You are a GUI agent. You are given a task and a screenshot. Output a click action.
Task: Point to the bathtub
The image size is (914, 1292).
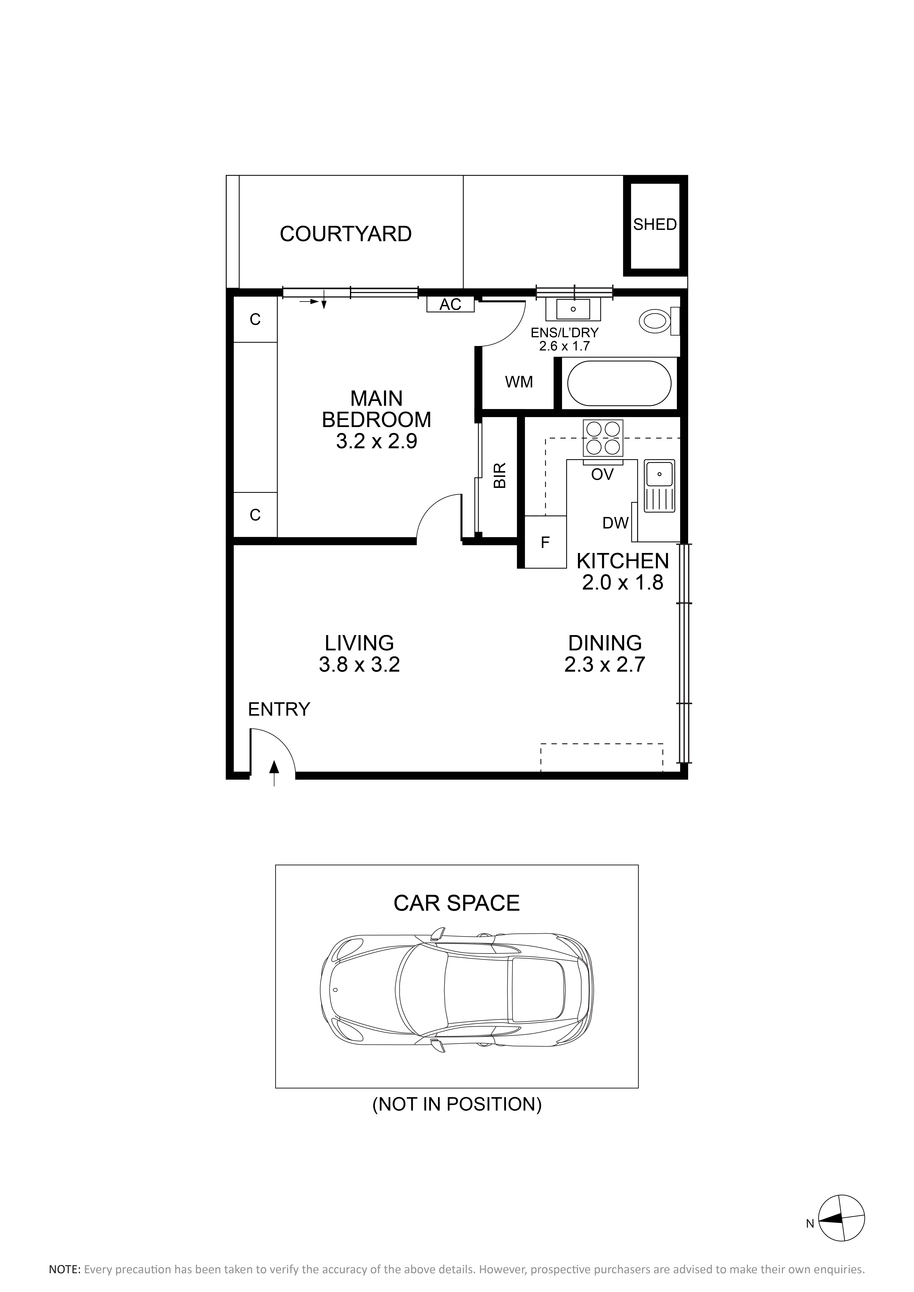click(619, 383)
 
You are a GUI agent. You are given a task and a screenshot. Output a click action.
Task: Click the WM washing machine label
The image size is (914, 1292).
click(519, 382)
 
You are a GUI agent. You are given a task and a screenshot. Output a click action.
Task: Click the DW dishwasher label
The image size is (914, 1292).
click(615, 523)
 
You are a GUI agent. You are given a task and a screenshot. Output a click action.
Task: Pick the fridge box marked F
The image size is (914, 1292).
click(545, 542)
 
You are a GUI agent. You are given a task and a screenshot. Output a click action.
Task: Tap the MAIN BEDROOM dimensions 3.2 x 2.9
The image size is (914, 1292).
click(376, 441)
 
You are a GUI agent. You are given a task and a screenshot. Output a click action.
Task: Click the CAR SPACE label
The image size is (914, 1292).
click(457, 903)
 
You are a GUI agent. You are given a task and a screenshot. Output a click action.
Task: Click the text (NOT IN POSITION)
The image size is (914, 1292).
click(457, 1105)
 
